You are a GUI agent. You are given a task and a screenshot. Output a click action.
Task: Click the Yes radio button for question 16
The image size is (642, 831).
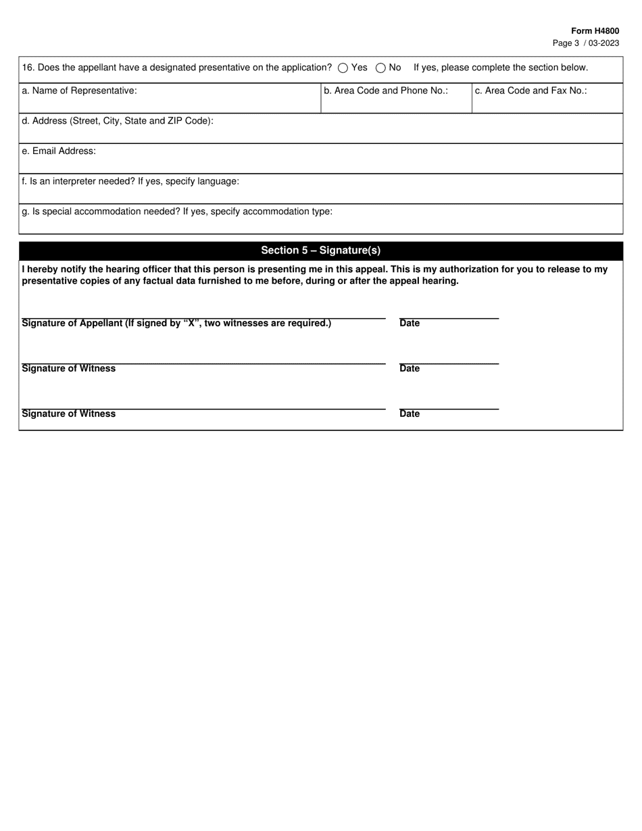(343, 68)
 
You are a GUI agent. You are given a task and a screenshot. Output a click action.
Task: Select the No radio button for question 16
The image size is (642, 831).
(380, 68)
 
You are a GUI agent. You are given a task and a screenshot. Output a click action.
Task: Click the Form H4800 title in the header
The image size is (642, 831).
(595, 31)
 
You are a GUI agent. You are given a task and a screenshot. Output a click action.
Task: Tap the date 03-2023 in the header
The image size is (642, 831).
(603, 43)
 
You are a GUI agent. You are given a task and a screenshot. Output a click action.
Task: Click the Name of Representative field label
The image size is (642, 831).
(79, 91)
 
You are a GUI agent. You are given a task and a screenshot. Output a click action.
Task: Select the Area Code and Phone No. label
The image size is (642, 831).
(385, 91)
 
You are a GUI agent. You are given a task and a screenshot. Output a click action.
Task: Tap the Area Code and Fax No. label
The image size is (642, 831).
(530, 91)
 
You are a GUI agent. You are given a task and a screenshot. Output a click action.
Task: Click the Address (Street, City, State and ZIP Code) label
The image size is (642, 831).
(118, 121)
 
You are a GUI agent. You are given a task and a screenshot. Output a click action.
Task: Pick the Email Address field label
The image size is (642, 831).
(59, 151)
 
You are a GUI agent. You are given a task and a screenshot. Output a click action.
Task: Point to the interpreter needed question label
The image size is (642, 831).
(130, 182)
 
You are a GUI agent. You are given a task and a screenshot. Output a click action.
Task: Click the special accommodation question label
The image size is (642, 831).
(177, 211)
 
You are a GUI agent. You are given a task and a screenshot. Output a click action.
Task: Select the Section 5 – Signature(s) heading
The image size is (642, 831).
(320, 251)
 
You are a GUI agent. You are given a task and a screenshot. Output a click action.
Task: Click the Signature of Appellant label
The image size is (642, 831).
(176, 324)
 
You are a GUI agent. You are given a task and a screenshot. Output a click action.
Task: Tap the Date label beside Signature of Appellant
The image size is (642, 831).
(410, 324)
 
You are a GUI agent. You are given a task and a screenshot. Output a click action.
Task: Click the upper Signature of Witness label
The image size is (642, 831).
(68, 369)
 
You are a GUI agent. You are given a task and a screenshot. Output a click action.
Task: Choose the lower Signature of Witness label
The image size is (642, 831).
(68, 414)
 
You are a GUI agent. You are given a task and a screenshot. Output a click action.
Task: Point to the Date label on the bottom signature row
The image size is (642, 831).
(410, 414)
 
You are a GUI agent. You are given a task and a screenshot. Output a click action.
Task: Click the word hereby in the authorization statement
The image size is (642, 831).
(43, 270)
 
